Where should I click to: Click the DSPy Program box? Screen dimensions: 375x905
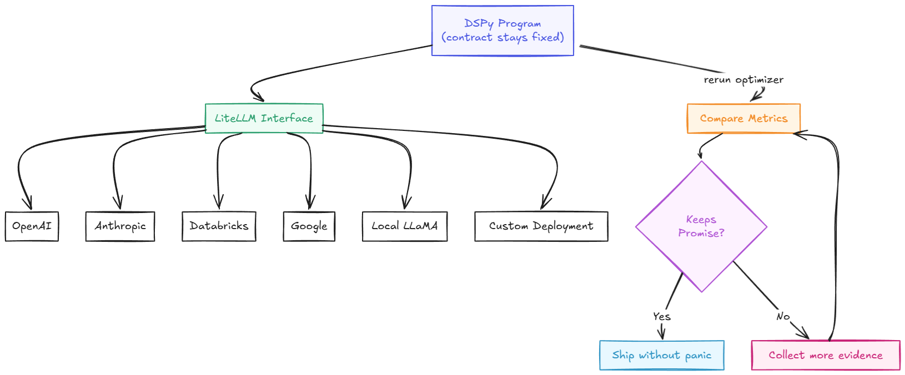click(x=502, y=31)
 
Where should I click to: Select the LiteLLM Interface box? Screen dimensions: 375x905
click(x=264, y=118)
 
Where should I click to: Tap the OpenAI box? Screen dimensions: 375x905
click(x=32, y=226)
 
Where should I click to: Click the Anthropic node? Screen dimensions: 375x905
click(x=120, y=226)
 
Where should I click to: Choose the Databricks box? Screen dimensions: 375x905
click(x=219, y=226)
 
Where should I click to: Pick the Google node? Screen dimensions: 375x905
click(x=309, y=226)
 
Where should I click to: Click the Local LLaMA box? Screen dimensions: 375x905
click(x=404, y=226)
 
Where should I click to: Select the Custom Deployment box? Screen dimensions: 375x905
click(x=541, y=226)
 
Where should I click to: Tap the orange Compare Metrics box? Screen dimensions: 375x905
click(x=743, y=118)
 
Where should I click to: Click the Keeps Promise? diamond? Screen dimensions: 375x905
click(x=701, y=226)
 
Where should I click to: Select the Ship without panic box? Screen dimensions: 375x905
click(x=661, y=355)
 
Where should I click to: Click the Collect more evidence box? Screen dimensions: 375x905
click(x=825, y=355)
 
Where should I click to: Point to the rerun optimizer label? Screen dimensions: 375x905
click(x=743, y=80)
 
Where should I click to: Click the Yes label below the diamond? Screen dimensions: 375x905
click(x=661, y=316)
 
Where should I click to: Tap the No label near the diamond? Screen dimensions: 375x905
click(x=783, y=316)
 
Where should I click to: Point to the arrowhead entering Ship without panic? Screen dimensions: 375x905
click(x=661, y=335)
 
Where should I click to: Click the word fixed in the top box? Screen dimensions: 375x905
click(x=547, y=37)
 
